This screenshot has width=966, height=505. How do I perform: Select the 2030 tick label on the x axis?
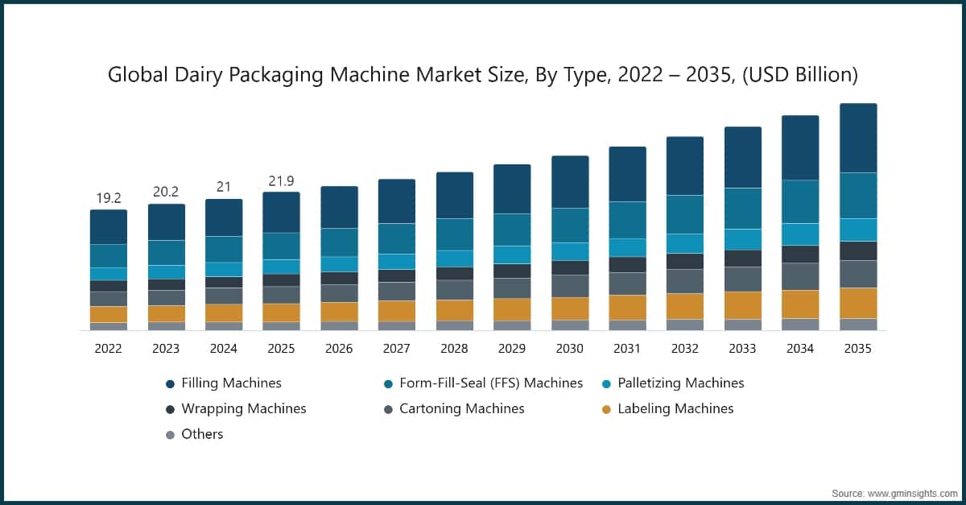(569, 349)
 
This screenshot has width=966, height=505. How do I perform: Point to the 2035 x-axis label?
(857, 349)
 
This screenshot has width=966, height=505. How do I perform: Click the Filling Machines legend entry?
(231, 383)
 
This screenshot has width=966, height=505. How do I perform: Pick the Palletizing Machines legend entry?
(681, 383)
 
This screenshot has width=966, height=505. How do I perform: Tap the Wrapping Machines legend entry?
(243, 408)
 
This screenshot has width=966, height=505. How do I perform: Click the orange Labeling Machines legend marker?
(606, 409)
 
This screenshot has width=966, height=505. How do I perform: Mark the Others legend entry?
(202, 434)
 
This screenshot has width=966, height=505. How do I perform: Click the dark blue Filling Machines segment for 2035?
(857, 138)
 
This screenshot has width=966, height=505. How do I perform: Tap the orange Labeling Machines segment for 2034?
(800, 304)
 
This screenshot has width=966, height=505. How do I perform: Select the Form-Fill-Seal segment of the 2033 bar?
(742, 208)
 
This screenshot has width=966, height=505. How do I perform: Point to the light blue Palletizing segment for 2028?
(454, 259)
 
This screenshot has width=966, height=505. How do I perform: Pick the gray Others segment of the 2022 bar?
(108, 326)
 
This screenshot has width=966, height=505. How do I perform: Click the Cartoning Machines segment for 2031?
(627, 284)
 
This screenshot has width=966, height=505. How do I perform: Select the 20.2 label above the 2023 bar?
(166, 192)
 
